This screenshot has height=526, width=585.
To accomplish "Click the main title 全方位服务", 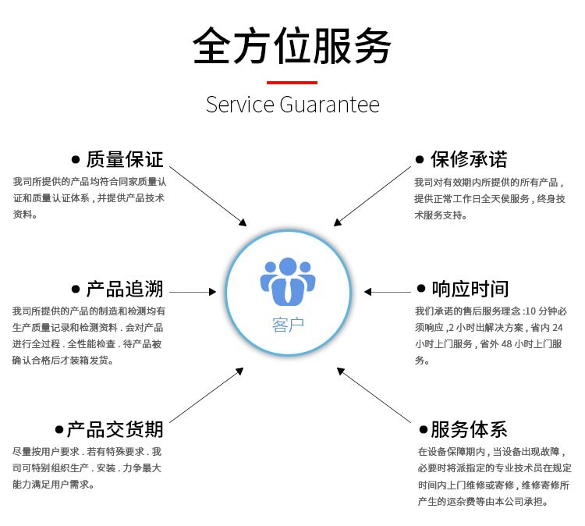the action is click(x=292, y=46).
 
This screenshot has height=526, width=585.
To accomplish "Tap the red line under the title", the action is click(x=292, y=83).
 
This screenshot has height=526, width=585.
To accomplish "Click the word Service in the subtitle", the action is click(x=240, y=104).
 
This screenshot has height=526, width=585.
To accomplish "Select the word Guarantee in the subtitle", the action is click(x=329, y=104).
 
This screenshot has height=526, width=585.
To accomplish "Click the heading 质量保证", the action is click(x=125, y=159).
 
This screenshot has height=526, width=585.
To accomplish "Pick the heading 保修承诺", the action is click(x=469, y=159).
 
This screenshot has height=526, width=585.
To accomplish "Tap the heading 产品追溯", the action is click(x=125, y=289).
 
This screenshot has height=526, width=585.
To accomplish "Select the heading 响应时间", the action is click(x=470, y=289).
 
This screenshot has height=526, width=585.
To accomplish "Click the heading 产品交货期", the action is click(x=115, y=429).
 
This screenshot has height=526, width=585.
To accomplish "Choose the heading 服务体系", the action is click(x=469, y=429).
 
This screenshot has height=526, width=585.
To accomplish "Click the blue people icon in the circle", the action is click(x=288, y=282).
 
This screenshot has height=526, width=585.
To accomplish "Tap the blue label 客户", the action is click(x=288, y=325).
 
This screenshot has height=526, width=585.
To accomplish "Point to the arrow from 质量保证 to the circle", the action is click(x=207, y=197).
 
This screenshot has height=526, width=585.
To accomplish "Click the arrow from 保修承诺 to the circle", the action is click(x=372, y=197).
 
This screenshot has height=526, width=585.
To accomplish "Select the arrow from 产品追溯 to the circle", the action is click(x=193, y=292).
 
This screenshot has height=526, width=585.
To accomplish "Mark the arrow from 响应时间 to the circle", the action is click(x=387, y=292).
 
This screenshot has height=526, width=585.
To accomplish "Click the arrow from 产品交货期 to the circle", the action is click(x=207, y=395).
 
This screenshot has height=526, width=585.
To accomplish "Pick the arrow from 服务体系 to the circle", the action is click(x=374, y=395).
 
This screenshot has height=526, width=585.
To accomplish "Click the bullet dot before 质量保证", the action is click(x=76, y=160).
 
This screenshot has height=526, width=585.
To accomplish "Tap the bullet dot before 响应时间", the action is click(x=421, y=288).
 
